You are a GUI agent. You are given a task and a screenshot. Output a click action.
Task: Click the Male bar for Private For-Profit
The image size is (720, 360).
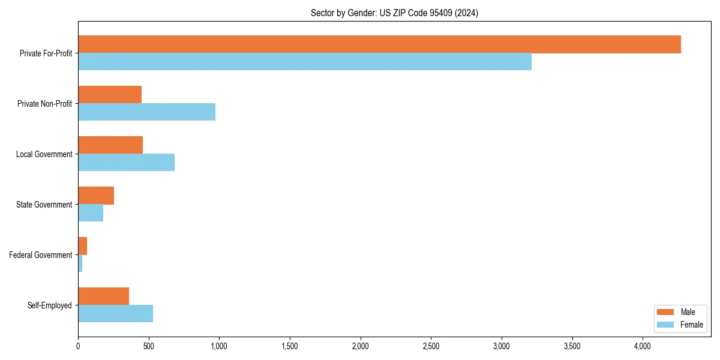(379, 44)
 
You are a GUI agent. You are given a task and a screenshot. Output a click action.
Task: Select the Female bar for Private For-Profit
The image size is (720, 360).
(305, 62)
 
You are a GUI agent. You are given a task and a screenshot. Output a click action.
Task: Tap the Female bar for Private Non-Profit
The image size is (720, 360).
(146, 112)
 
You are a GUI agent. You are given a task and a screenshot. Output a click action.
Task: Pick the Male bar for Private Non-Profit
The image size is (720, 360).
(110, 95)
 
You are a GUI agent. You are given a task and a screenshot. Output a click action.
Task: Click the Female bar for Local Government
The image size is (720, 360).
(126, 163)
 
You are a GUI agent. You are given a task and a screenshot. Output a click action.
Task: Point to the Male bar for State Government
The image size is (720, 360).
(96, 196)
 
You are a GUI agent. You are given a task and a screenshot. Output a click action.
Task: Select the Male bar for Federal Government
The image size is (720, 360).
(83, 246)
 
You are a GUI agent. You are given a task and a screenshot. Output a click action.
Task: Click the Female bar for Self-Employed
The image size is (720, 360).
(115, 314)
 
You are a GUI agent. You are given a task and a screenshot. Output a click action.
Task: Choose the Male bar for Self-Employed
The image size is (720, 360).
(103, 296)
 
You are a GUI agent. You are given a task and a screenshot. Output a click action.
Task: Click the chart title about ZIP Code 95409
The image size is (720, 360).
(394, 13)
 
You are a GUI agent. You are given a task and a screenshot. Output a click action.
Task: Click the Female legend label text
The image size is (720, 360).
(691, 325)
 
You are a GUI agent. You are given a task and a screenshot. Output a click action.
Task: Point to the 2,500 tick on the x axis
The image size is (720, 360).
(431, 346)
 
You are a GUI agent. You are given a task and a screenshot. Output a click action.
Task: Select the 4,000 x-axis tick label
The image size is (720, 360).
(643, 346)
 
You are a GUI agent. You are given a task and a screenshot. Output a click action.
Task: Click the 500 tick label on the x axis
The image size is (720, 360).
(149, 346)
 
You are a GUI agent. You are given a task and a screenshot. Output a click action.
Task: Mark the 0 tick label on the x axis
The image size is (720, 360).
(78, 346)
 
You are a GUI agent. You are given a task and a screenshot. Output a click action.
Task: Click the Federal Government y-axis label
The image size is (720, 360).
(40, 255)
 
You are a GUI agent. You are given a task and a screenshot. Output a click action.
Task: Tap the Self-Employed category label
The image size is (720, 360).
(49, 305)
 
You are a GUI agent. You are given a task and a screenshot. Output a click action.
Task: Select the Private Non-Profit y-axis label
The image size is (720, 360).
(44, 104)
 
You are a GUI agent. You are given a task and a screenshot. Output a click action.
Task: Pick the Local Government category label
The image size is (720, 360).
(44, 154)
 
